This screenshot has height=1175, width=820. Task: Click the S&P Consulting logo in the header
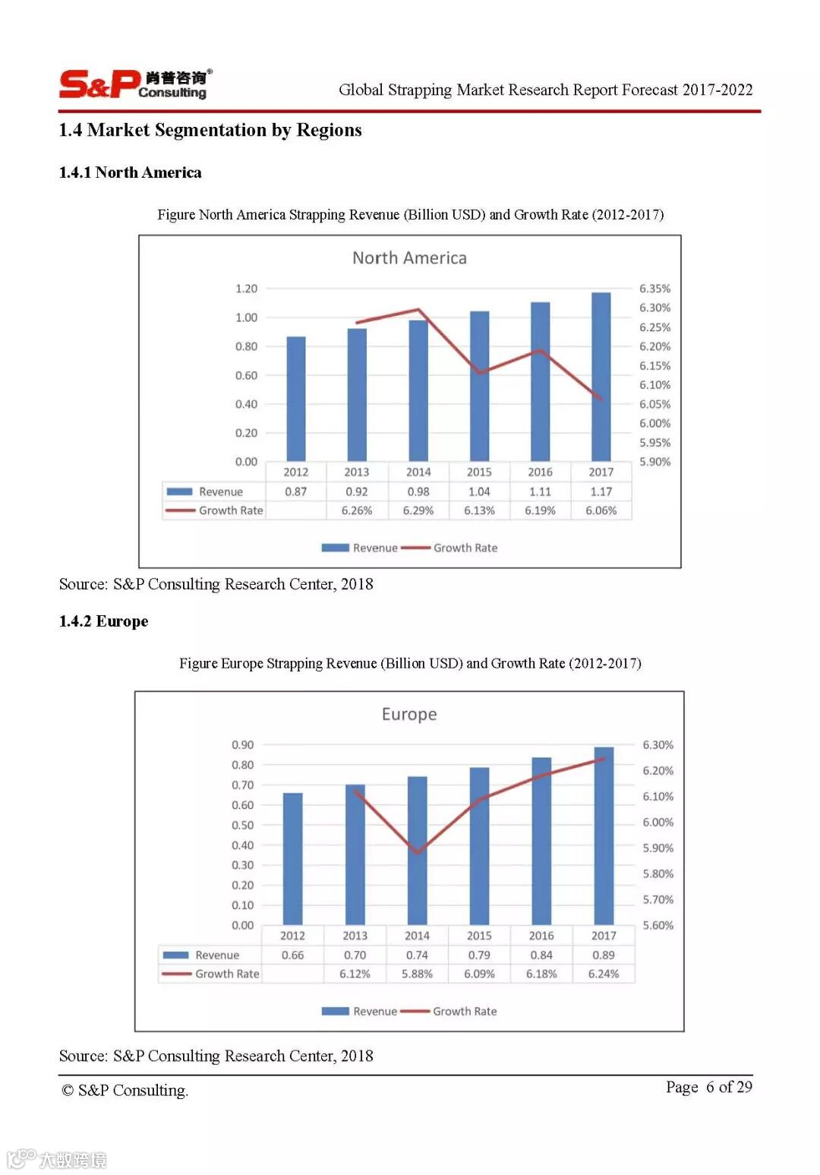point(134,84)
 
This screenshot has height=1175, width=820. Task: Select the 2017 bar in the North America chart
point(601,376)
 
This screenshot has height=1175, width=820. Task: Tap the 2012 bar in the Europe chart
point(292,858)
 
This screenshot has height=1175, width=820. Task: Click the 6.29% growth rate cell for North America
point(418,510)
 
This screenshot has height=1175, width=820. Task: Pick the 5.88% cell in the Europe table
point(417,974)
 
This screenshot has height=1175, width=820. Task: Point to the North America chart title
point(409,258)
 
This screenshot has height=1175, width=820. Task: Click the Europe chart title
point(409,715)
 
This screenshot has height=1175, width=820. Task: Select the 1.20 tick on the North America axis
point(246,289)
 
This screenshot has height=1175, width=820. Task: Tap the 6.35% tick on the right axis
point(654,289)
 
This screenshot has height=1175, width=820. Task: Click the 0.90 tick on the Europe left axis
point(243,745)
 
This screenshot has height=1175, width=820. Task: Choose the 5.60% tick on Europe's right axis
point(658,925)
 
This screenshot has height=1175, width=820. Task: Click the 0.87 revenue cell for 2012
point(296,491)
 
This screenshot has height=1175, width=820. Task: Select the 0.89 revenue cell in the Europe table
point(604,955)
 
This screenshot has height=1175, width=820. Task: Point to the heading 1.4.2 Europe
point(104,621)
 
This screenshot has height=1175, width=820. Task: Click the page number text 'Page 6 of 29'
point(708,1087)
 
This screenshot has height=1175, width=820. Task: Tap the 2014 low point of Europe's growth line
point(417,852)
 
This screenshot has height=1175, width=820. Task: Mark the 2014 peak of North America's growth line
point(418,309)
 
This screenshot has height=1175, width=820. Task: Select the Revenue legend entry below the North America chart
point(360,548)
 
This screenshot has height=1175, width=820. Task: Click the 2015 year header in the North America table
point(479,472)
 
